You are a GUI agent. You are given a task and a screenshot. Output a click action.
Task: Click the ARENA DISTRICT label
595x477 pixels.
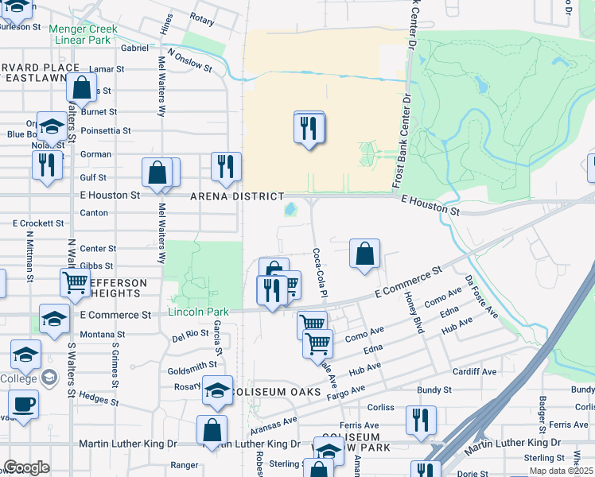[x=236, y=196]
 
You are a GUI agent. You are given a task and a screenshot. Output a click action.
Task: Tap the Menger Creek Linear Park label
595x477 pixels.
[x=83, y=34]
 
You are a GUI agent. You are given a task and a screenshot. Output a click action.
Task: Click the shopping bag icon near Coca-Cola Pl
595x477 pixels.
[x=364, y=254]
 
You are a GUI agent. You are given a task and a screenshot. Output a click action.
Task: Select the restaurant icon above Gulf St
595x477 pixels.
[x=227, y=166]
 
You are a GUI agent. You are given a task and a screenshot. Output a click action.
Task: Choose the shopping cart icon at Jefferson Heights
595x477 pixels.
[x=76, y=282]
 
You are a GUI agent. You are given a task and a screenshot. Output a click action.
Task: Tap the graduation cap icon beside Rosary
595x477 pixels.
[x=216, y=390]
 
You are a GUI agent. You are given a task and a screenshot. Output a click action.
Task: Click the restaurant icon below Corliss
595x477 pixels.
[x=421, y=419]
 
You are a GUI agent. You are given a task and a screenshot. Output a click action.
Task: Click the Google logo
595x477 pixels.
[x=26, y=467]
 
